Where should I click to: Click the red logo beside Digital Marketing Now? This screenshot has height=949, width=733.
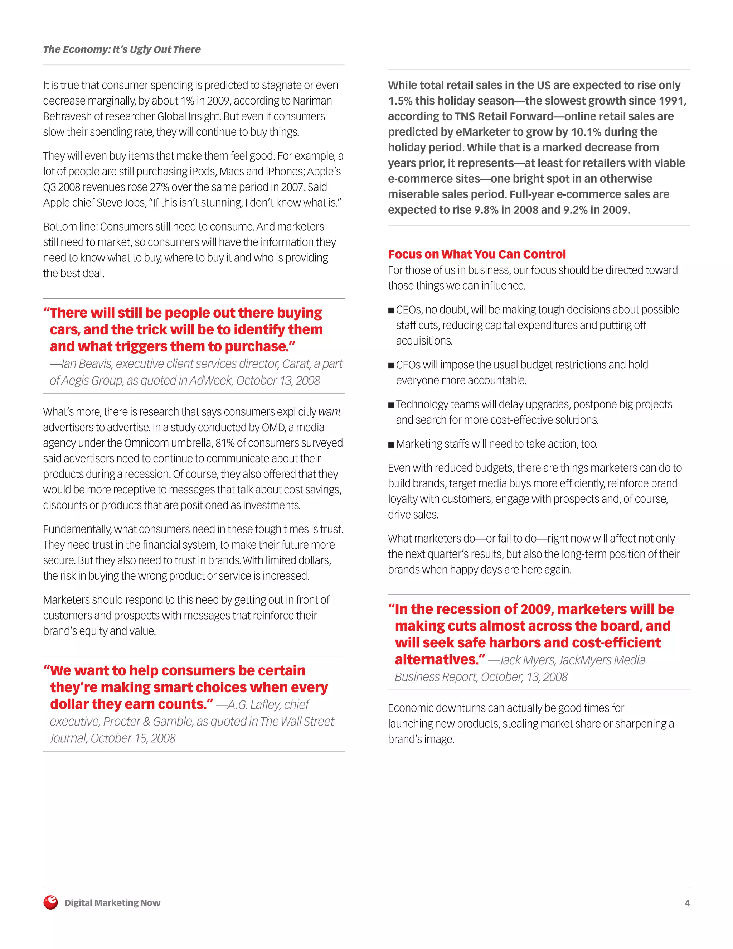50,902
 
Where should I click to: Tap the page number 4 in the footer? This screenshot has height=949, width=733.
687,903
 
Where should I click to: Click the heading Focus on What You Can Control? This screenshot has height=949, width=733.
477,254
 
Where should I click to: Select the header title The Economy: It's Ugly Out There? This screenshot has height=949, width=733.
122,49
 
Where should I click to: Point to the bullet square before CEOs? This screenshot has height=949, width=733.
391,310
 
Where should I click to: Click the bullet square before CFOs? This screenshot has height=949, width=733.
391,365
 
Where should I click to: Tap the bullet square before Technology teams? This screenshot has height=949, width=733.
391,405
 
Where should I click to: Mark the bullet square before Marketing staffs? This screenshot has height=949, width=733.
391,444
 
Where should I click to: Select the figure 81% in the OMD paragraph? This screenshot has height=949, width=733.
225,443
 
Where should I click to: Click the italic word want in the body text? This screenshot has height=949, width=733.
330,412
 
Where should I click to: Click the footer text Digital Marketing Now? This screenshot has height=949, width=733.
112,903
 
